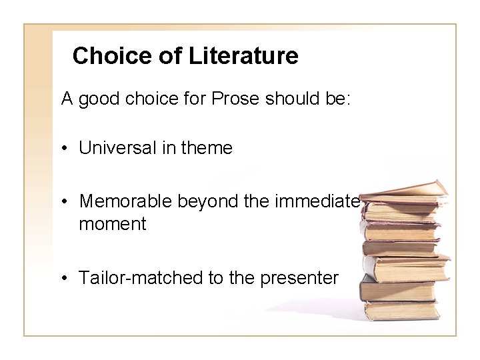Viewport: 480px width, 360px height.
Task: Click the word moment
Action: coord(112,223)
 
